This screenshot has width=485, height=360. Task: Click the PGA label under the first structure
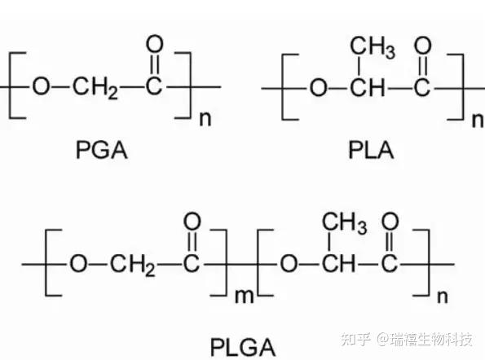tap(99, 150)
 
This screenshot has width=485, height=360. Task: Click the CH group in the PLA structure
tap(363, 87)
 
